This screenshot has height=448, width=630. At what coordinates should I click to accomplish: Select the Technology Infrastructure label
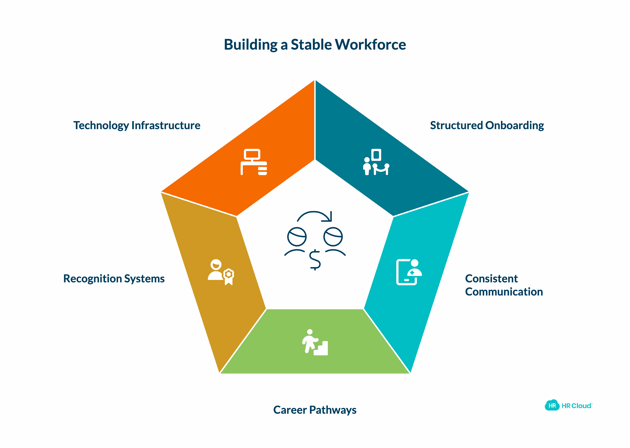click(137, 125)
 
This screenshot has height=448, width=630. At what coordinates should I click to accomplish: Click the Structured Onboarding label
click(487, 125)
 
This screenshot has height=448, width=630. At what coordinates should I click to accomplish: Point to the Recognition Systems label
click(114, 279)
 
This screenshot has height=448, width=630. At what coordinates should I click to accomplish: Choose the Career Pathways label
click(315, 410)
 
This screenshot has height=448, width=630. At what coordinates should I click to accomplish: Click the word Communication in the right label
click(504, 292)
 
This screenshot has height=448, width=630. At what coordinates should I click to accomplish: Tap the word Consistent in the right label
click(491, 279)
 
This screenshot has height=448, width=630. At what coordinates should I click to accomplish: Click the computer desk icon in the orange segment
click(254, 162)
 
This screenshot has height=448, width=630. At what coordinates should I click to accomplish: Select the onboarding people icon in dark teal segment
click(376, 162)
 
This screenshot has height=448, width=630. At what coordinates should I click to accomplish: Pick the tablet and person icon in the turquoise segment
click(409, 272)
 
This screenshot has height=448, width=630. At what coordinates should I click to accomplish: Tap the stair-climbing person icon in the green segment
click(315, 342)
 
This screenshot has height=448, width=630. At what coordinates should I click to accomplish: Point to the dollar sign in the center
click(315, 260)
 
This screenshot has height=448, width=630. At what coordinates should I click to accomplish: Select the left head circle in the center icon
click(297, 237)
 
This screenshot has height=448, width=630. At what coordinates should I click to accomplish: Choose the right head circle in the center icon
click(333, 237)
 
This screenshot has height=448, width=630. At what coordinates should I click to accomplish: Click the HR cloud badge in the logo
click(552, 405)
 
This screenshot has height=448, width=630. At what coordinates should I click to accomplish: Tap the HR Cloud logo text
click(577, 406)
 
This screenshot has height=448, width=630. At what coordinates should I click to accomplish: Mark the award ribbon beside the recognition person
click(228, 277)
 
